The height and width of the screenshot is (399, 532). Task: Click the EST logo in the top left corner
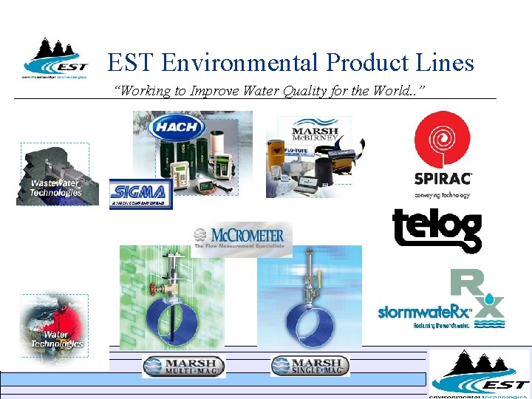55,58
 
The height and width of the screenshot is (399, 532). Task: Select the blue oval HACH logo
177,126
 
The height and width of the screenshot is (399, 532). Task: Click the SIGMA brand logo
140,194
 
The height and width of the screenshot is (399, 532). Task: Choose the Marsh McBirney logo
315,131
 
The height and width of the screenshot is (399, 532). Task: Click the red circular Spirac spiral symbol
442,140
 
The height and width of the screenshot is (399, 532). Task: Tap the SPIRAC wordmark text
442,178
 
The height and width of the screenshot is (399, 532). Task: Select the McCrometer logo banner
243,239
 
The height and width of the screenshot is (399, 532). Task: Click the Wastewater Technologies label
55,188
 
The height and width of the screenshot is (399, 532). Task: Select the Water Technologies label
56,339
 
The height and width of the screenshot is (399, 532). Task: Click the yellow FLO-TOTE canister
293,155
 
